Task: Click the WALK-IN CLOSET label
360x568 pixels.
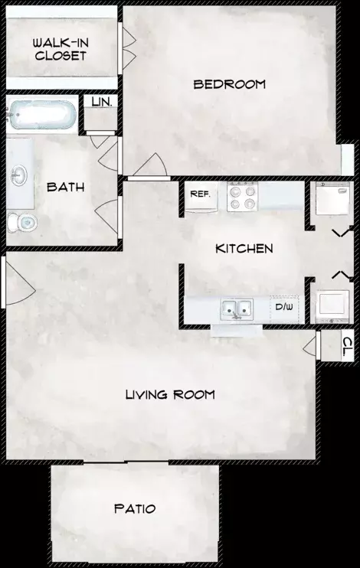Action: (x=61, y=49)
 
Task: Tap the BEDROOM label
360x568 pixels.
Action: (x=230, y=84)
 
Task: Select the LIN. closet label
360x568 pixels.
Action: (x=102, y=102)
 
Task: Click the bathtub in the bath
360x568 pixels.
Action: (x=42, y=115)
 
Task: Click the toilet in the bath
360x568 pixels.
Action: (x=22, y=222)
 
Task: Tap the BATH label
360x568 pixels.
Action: (x=66, y=188)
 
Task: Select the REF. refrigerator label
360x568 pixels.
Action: (x=200, y=194)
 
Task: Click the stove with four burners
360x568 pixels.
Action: (x=242, y=196)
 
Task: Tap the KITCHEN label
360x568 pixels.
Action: (x=244, y=249)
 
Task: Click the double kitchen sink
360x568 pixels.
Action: (x=237, y=309)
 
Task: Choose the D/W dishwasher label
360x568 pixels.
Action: (x=284, y=307)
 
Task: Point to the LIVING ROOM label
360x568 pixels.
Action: (x=170, y=394)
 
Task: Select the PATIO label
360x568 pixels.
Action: (x=135, y=508)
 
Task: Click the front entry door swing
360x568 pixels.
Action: (x=20, y=282)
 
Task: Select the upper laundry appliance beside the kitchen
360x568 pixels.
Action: (x=332, y=199)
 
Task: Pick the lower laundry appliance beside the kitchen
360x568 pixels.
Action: (x=332, y=306)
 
